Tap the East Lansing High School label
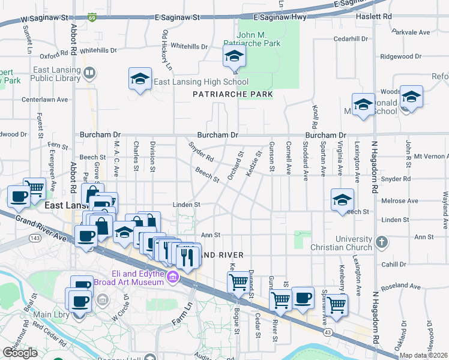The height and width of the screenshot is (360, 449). [x=193, y=82]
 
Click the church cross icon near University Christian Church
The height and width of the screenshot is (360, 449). [x=380, y=243]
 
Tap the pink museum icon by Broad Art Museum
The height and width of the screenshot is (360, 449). [x=173, y=277]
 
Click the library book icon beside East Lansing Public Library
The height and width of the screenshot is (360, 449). [x=89, y=74]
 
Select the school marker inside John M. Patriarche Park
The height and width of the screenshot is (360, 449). [x=234, y=59]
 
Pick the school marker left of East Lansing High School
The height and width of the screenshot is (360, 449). [x=140, y=79]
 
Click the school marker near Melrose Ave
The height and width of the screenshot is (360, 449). [x=342, y=200]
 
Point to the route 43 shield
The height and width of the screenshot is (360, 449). [x=328, y=332]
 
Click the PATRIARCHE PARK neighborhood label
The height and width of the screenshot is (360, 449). [x=232, y=95]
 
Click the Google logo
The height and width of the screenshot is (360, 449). [x=20, y=353]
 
